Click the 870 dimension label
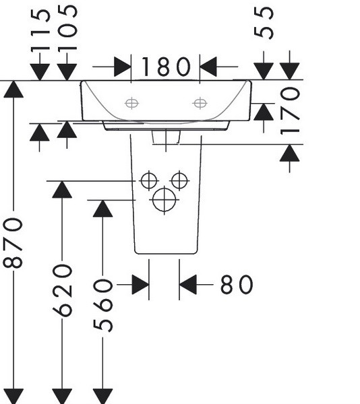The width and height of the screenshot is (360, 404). click(13, 242)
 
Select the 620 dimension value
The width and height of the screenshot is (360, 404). click(62, 290)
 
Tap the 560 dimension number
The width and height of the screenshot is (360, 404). click(103, 305)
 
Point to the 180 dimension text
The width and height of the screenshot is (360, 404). click(167, 67)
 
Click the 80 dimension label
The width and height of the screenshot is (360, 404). click(237, 284)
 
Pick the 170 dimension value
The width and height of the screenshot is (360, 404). click(290, 111)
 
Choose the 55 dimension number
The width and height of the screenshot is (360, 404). click(264, 23)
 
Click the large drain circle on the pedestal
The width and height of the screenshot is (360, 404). click(164, 200)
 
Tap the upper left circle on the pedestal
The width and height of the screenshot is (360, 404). click(149, 180)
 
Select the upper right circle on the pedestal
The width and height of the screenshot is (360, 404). click(179, 180)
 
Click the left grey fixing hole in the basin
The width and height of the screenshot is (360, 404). click(131, 103)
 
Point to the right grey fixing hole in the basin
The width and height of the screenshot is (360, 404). click(200, 103)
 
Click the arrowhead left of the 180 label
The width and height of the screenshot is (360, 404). click(123, 67)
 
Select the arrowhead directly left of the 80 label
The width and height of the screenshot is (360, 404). click(187, 284)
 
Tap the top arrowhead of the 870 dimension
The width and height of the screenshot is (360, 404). click(13, 89)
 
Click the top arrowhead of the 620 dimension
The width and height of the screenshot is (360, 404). click(62, 189)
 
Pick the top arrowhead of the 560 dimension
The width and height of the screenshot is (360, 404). click(102, 209)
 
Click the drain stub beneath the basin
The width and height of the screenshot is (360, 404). click(166, 137)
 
